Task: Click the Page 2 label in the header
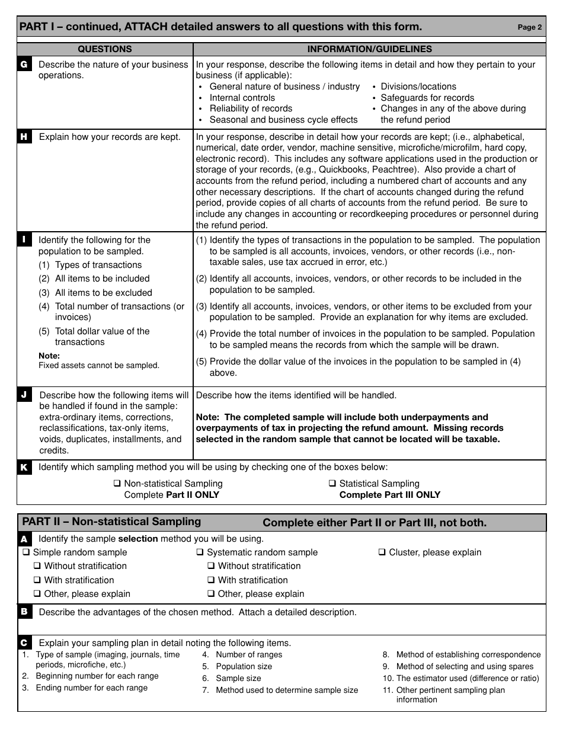point(529,27)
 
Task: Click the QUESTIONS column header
point(105,49)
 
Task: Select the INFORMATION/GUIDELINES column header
point(369,49)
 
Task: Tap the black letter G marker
point(24,65)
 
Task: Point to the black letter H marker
point(24,137)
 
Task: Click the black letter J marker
point(24,395)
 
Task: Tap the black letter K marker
point(24,468)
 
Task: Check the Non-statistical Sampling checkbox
point(117,484)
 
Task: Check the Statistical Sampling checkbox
point(332,484)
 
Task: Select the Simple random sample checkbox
point(26,552)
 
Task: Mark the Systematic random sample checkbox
point(200,552)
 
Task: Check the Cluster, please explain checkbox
point(382,552)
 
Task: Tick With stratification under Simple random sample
point(37,580)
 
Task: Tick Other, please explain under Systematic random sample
point(211,594)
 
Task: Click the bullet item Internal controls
point(242,98)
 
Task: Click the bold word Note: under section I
point(49,356)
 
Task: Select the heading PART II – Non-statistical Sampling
point(111,522)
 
